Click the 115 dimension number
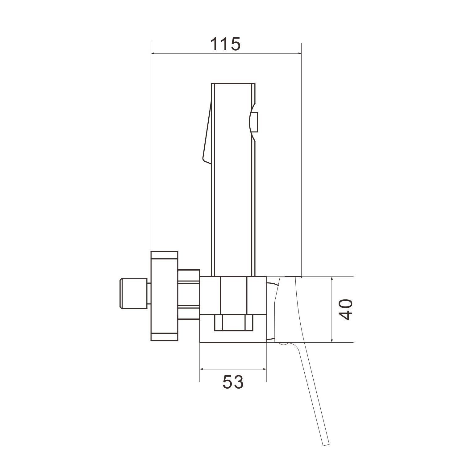pyautogui.click(x=225, y=44)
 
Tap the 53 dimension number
pyautogui.click(x=233, y=382)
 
